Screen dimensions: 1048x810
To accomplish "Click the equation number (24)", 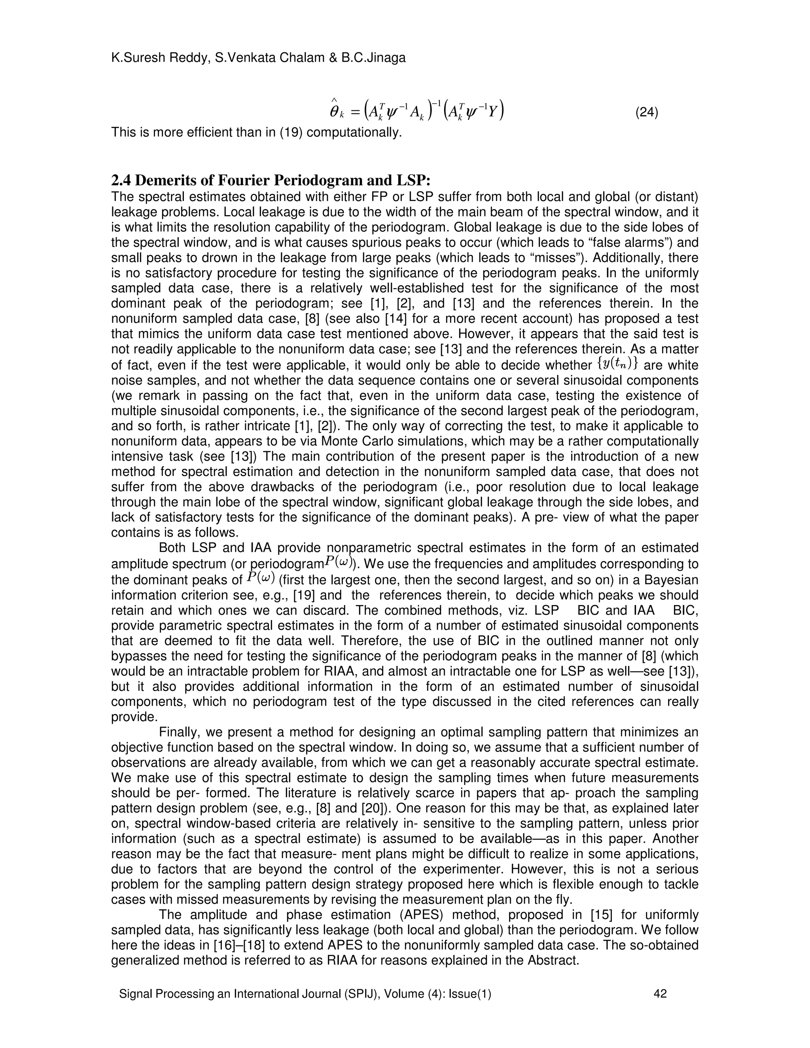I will coord(646,113).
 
